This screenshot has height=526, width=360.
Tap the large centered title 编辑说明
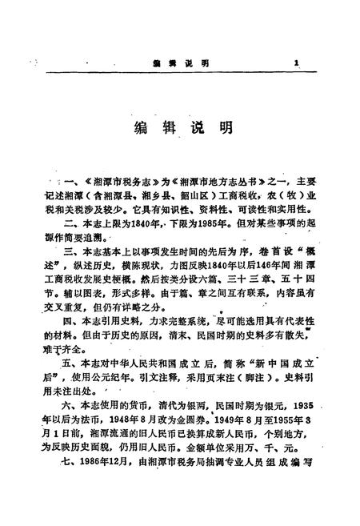[x=180, y=128]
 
